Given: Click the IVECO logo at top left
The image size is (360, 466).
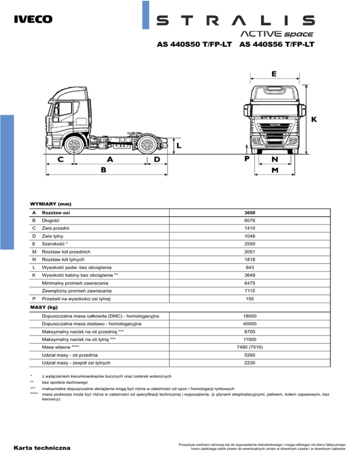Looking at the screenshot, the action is point(33,19).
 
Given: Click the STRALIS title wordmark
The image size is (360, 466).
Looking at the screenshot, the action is point(235,21).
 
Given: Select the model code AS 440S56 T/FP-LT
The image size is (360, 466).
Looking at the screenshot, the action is point(277,44).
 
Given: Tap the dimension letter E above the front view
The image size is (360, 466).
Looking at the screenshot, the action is point(274,74).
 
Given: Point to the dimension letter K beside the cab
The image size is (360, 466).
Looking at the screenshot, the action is point(314,120).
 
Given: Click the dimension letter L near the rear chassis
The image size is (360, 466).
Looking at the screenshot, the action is point(179,146).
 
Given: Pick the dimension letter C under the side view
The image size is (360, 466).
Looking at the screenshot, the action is point(60,159).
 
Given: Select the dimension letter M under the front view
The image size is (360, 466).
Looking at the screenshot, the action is point(275,170).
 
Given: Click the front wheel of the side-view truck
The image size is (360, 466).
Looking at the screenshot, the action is point(74,145).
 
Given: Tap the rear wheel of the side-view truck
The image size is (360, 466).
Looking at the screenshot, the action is point(147,145).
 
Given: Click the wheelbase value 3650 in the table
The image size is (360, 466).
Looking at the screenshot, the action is point(250,213).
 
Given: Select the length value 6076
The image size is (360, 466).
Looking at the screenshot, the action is point(250,220).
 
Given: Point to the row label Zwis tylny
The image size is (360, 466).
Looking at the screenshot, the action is point(52,236).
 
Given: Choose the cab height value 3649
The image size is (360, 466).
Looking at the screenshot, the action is point(250,275).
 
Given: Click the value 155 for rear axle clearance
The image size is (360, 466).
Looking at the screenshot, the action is point(250,299).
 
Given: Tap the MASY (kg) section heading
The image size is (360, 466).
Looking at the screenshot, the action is point(44,307).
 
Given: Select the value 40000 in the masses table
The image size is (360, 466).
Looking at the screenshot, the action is point(250,324).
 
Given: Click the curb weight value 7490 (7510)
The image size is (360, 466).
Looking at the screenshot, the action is point(250,347).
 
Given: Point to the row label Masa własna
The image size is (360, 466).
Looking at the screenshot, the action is point(56,347).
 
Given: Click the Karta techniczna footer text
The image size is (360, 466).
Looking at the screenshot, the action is point(42,448).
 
